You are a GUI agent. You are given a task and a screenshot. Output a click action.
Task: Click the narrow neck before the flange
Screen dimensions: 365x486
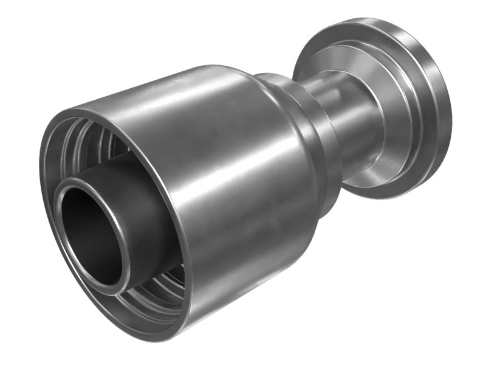[x=358, y=122]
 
